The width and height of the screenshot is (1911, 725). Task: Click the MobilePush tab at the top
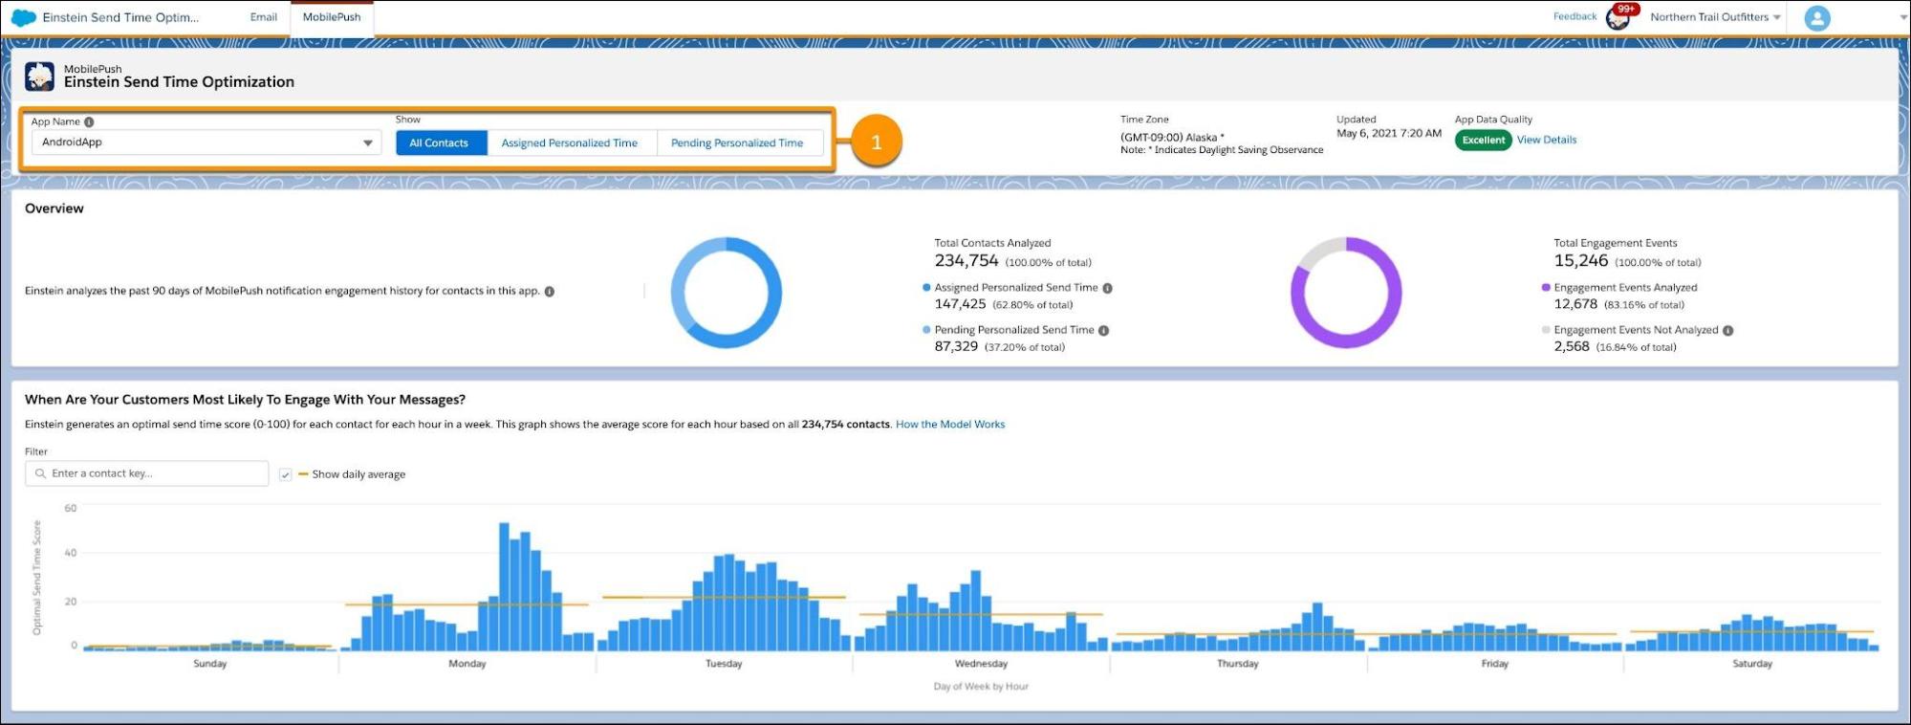click(332, 17)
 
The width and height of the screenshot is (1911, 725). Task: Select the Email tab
click(263, 17)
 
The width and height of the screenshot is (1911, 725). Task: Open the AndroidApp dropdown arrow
click(367, 143)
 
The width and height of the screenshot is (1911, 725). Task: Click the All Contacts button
click(439, 143)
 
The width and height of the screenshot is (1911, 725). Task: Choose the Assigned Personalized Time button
click(569, 143)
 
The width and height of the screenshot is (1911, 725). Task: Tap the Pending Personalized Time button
click(736, 143)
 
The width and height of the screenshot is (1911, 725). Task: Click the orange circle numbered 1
click(876, 143)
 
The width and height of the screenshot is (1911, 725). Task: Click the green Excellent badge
click(1483, 141)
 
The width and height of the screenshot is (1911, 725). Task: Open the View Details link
click(1546, 140)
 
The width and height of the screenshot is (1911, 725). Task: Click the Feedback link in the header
click(1574, 16)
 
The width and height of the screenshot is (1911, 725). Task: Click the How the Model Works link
click(949, 425)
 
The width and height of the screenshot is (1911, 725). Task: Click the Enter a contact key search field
click(153, 473)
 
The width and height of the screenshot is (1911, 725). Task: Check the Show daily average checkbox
click(285, 474)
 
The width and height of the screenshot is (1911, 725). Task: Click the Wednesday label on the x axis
click(981, 664)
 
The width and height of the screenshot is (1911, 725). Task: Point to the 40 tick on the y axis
click(71, 553)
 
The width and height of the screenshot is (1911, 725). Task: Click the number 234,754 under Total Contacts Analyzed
click(966, 261)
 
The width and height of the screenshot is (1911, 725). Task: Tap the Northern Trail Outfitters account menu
click(1714, 17)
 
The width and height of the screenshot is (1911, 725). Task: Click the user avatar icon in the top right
click(1816, 18)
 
